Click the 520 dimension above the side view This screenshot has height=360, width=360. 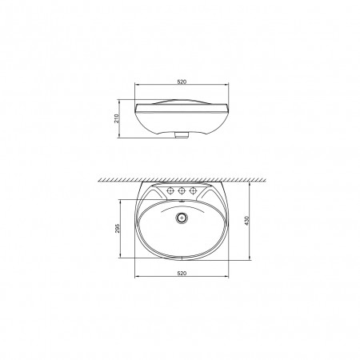pyautogui.click(x=182, y=82)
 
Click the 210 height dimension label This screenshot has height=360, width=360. pyautogui.click(x=117, y=118)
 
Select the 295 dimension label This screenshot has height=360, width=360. pyautogui.click(x=118, y=228)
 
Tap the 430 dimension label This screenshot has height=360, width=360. pyautogui.click(x=246, y=220)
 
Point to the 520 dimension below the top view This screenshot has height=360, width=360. pyautogui.click(x=182, y=274)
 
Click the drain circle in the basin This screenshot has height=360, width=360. pyautogui.click(x=182, y=218)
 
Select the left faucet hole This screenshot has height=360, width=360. pyautogui.click(x=170, y=190)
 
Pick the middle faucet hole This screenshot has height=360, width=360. pyautogui.click(x=182, y=190)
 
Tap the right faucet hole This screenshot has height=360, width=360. pyautogui.click(x=193, y=190)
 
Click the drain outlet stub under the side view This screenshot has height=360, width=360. pyautogui.click(x=182, y=134)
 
